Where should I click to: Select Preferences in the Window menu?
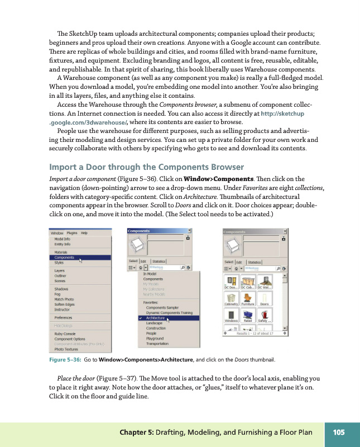(63, 317)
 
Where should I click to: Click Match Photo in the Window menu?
(65, 299)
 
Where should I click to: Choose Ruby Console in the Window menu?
(66, 334)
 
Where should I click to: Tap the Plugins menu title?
(71, 232)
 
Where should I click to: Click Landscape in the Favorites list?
(155, 323)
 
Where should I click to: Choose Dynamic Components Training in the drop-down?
(169, 313)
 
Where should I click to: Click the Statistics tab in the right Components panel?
(254, 261)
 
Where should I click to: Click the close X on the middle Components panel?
(190, 230)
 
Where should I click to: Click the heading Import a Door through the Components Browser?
(147, 167)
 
